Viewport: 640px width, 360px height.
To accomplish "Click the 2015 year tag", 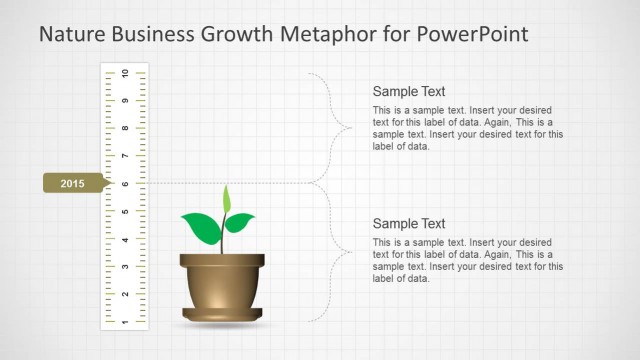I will click(x=73, y=184).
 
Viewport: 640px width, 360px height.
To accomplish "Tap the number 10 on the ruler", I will click(x=125, y=73).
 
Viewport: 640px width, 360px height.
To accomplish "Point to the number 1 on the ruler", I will click(x=125, y=322).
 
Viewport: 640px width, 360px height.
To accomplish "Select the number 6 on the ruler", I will click(x=125, y=184).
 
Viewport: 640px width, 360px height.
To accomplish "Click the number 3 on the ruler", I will click(x=125, y=267).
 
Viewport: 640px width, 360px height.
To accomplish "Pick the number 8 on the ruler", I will click(x=125, y=128).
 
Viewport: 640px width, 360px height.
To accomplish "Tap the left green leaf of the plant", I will click(x=200, y=229).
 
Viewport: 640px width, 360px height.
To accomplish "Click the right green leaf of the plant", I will click(x=240, y=222).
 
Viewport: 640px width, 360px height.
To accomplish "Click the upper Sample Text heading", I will click(x=408, y=91).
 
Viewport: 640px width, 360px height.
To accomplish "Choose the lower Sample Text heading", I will click(x=408, y=224).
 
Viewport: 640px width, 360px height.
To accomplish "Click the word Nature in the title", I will click(x=71, y=35).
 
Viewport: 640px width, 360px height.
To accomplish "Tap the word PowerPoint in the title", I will click(x=475, y=35).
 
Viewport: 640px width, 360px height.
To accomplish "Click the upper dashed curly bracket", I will click(x=336, y=127).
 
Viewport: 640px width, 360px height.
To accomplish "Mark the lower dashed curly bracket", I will click(x=336, y=253).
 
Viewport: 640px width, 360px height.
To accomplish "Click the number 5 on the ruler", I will click(x=125, y=212).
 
